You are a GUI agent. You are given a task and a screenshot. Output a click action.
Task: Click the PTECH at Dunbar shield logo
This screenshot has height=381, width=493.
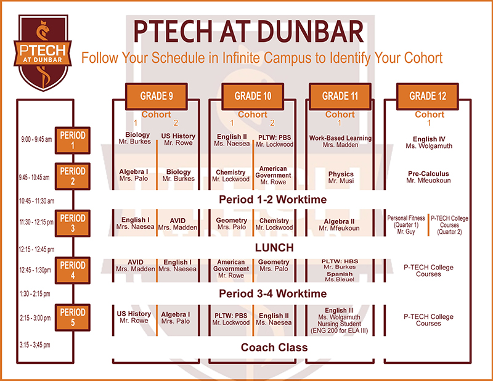click(43, 52)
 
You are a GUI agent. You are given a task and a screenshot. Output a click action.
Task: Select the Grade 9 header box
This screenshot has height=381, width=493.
click(157, 96)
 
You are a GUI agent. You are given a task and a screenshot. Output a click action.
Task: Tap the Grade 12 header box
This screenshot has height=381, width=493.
click(428, 96)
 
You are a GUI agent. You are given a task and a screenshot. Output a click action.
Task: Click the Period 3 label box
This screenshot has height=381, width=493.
click(73, 223)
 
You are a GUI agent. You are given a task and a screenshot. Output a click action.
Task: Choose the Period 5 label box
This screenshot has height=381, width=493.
click(73, 317)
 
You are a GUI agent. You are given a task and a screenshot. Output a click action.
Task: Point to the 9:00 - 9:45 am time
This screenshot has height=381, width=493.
click(36, 139)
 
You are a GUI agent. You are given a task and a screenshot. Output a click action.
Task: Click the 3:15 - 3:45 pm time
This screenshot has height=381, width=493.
click(35, 345)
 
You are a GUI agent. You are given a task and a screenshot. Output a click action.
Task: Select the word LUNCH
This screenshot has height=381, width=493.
click(274, 248)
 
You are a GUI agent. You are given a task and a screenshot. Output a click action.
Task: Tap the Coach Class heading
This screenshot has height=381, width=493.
click(274, 347)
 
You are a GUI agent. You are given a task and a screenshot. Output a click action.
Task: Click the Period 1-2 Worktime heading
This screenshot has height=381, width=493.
click(272, 200)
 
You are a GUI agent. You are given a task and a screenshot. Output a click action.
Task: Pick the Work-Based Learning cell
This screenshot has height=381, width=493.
click(340, 141)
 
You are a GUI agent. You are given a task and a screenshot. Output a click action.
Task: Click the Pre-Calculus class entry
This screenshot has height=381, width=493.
click(428, 177)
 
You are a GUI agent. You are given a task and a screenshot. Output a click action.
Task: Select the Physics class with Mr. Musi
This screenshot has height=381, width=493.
click(341, 178)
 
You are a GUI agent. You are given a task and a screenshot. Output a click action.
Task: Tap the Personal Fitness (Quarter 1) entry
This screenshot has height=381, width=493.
click(406, 224)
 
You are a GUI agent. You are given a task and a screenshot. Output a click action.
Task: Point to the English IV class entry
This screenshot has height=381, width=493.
click(429, 142)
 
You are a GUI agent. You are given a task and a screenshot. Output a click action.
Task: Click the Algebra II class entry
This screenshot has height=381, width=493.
click(339, 224)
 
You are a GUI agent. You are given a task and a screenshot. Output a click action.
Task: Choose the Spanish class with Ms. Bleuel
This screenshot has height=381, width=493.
click(340, 277)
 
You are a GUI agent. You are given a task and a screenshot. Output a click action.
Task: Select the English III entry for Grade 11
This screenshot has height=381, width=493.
click(340, 321)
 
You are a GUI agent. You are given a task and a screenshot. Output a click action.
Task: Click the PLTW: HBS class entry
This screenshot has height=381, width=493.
click(340, 264)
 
